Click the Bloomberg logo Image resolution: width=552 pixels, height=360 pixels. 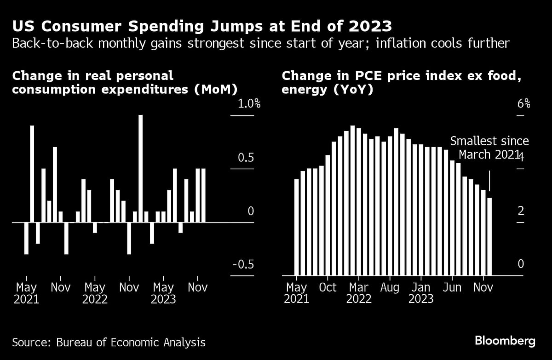click(505, 341)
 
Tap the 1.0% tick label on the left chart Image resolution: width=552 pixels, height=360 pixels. click(249, 104)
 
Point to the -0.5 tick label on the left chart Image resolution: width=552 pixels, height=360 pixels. click(244, 264)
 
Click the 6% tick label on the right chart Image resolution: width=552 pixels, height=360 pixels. click(523, 104)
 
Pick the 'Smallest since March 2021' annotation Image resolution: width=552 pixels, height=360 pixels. click(489, 148)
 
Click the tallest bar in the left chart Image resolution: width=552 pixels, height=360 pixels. click(141, 168)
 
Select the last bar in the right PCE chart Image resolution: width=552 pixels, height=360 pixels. click(489, 236)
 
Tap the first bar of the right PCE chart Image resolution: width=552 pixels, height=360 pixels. click(297, 227)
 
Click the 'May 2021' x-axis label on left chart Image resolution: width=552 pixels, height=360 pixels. click(27, 293)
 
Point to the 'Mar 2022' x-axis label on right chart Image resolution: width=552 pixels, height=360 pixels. click(359, 293)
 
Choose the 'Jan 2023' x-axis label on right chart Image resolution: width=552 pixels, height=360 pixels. click(421, 293)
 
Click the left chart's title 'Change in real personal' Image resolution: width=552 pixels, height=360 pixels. click(92, 76)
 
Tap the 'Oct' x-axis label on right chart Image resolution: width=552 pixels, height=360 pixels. click(328, 288)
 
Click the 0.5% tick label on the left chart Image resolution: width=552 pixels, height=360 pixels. click(246, 158)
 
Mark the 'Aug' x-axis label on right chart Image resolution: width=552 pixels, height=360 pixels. click(390, 288)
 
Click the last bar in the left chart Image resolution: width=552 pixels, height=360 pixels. click(203, 195)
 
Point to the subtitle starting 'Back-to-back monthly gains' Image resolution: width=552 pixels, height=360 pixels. click(260, 44)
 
